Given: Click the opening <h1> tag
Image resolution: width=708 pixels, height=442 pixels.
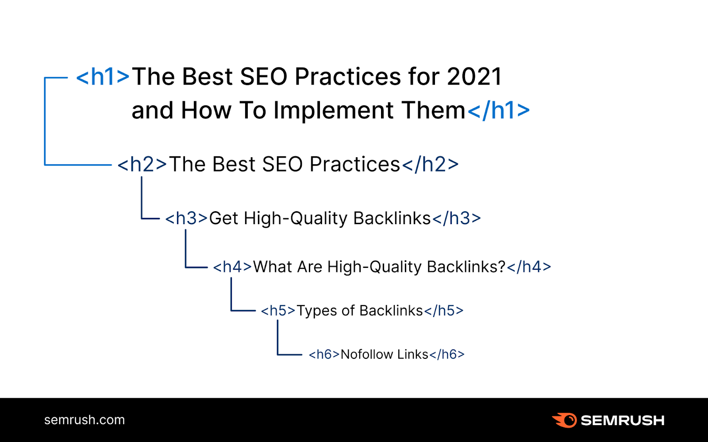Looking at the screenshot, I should tap(103, 77).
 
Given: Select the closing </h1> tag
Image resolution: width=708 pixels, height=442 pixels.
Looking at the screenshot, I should tap(498, 110).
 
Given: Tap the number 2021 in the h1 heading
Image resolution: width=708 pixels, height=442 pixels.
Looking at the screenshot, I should tap(474, 77).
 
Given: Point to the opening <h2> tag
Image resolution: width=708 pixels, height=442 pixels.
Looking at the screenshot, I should tap(142, 165).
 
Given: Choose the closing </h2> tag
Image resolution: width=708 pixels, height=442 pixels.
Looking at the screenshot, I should tap(430, 165).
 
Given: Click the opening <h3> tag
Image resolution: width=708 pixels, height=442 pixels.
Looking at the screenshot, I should tap(186, 218).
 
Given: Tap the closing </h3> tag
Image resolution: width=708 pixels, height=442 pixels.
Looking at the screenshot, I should tap(456, 218).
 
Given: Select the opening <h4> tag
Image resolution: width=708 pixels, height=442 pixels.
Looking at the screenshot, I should tap(232, 267).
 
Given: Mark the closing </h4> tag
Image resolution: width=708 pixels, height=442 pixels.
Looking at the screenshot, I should tap(529, 267).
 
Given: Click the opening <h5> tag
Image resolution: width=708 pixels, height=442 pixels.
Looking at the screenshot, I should tap(278, 311).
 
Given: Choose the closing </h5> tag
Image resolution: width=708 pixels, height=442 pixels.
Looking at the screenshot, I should tap(444, 311).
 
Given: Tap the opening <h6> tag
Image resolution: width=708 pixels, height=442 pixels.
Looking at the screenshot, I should tap(324, 354).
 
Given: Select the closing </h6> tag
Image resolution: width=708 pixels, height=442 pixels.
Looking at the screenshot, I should tap(447, 354).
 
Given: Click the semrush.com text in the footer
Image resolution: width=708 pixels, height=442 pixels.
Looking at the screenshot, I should tap(85, 420).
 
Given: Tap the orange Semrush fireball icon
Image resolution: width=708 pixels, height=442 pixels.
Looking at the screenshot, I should tap(565, 420).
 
